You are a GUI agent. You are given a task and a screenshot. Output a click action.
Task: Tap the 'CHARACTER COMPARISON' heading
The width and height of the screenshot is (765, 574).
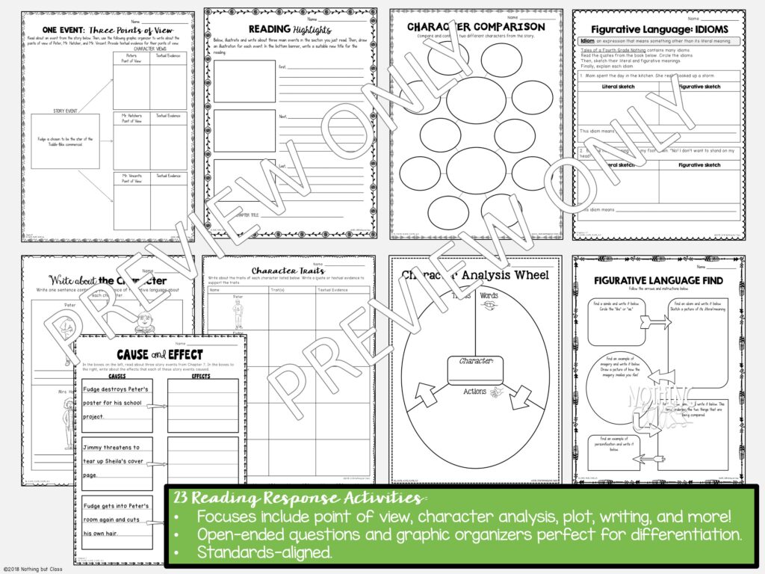(x=475, y=27)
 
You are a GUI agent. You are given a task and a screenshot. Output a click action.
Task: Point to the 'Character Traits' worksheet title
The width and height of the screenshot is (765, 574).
(x=288, y=271)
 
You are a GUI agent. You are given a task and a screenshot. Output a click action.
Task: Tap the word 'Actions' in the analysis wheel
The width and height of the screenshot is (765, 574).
(x=474, y=392)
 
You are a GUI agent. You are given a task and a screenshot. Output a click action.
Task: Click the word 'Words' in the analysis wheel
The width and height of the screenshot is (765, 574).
(x=489, y=295)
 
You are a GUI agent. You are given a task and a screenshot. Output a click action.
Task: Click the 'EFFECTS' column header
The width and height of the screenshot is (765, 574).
(x=201, y=376)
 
